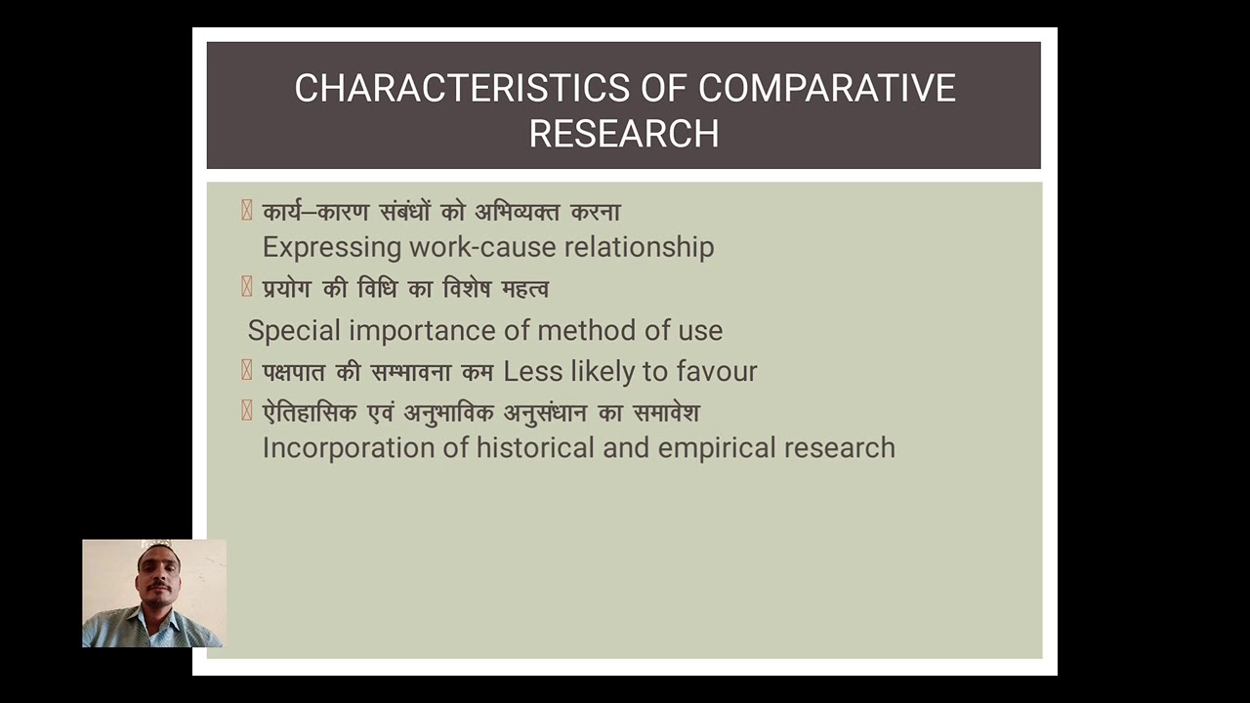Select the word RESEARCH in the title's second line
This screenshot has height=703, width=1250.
click(x=624, y=134)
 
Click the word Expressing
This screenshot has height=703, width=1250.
click(x=333, y=247)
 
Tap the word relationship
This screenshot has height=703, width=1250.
click(x=640, y=247)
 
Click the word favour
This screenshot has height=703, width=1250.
click(x=717, y=371)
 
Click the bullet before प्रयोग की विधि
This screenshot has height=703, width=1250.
click(x=247, y=288)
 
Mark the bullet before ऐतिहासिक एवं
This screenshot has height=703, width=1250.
click(x=247, y=412)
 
